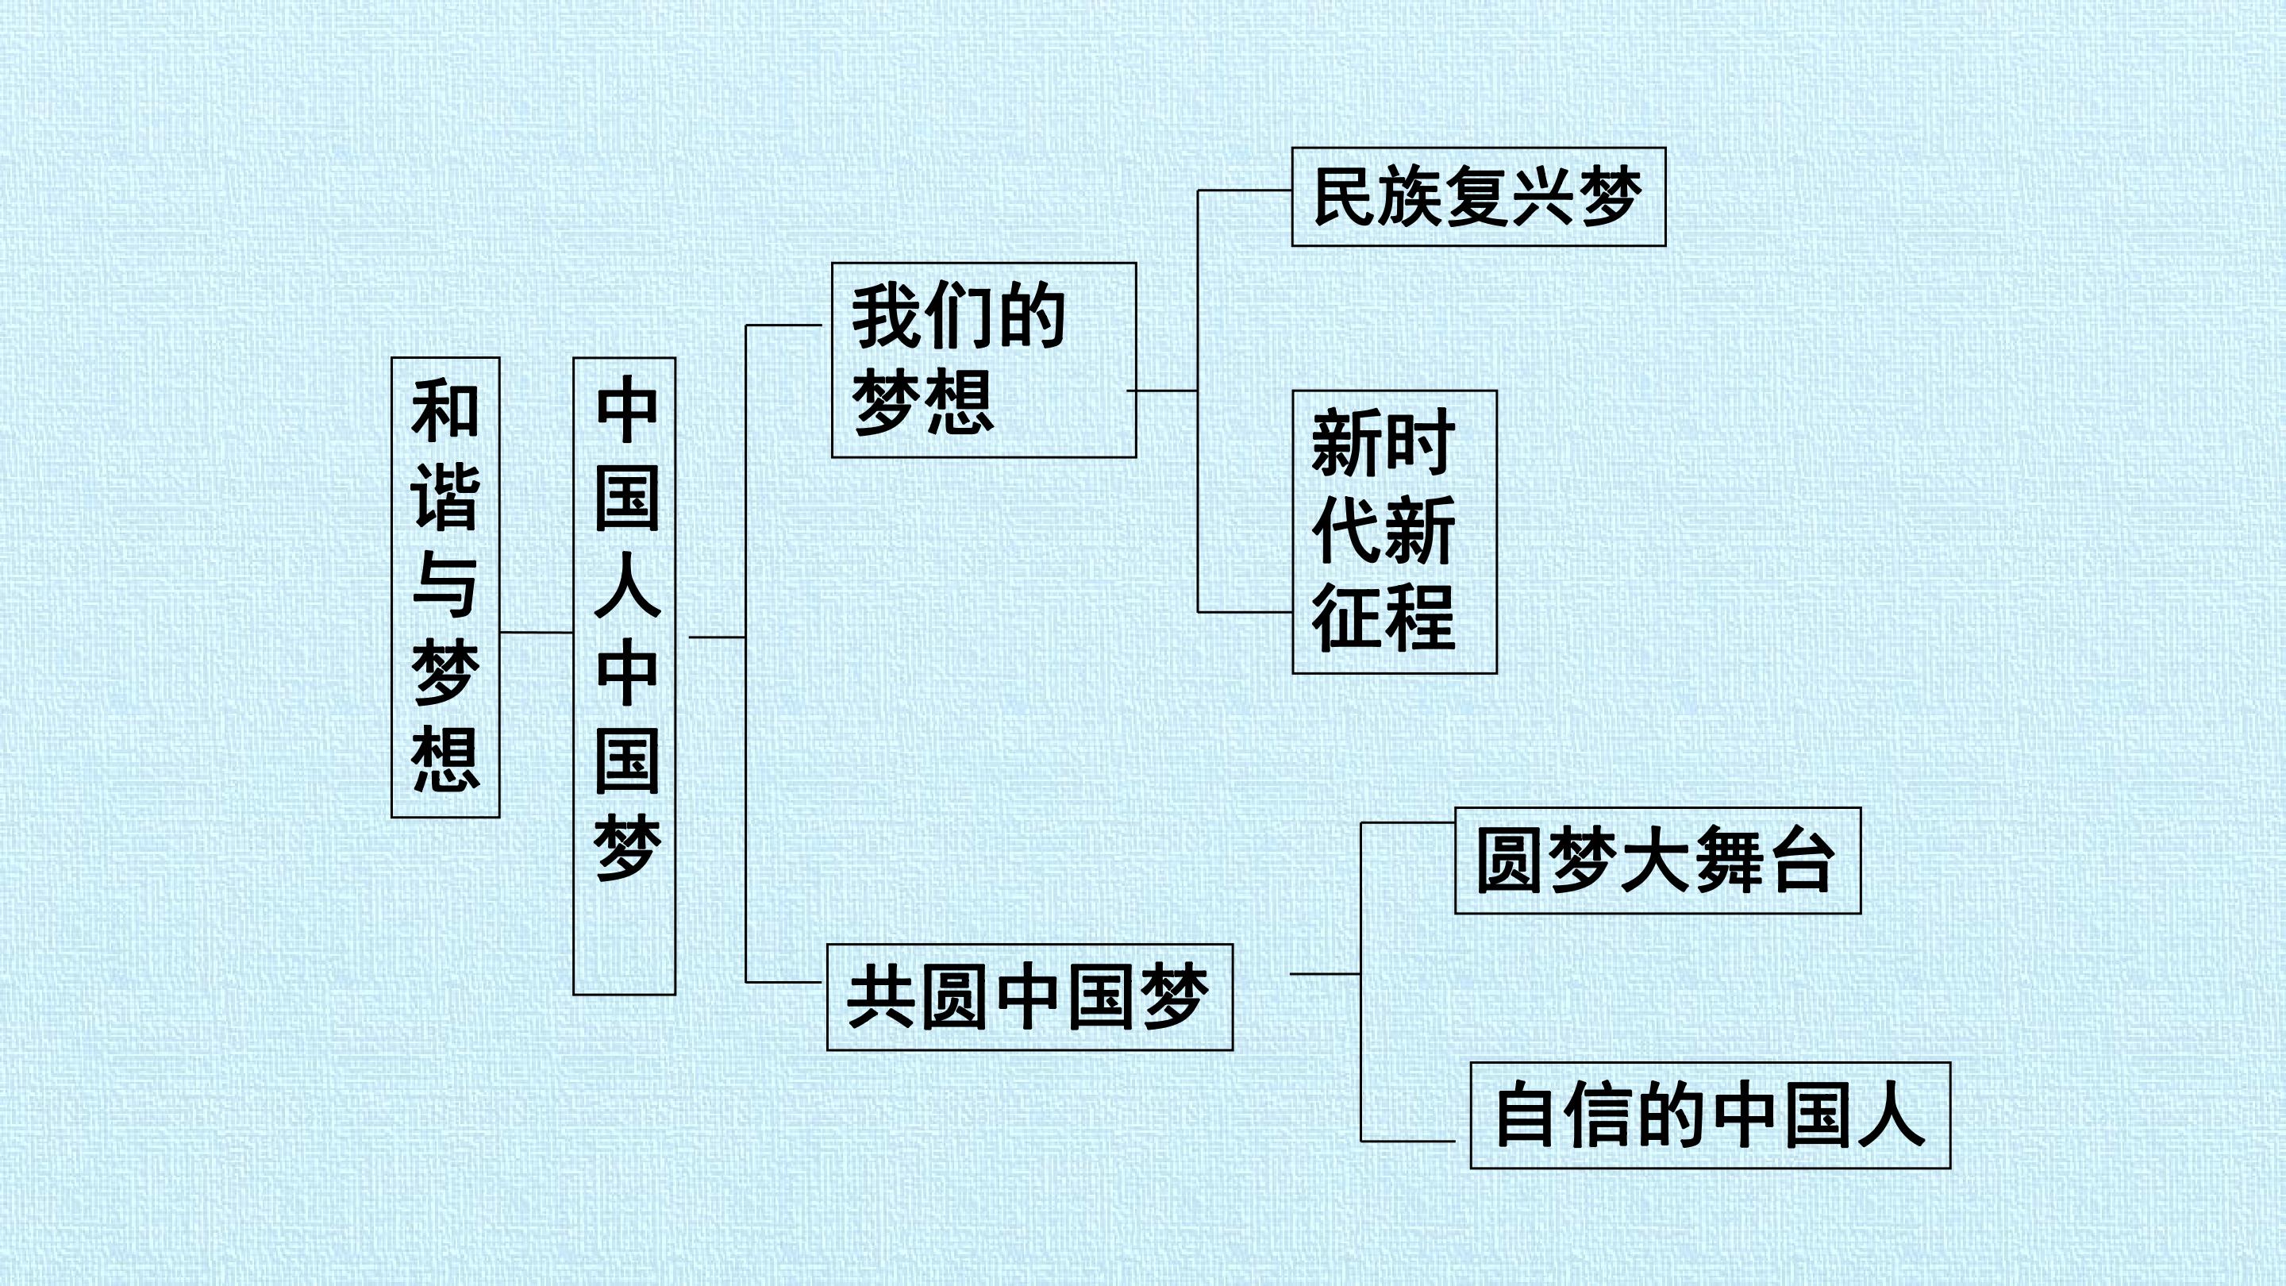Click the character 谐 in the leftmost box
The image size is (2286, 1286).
coord(445,497)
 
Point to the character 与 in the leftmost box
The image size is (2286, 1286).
coord(445,585)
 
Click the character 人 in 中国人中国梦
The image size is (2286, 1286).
coord(627,585)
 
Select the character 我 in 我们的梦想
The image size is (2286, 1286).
coord(886,317)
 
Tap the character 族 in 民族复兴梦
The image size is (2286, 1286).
coord(1410,197)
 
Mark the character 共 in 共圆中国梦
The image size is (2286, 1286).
coord(882,998)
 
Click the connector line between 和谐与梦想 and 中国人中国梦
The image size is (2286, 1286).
coord(537,633)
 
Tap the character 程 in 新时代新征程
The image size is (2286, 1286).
coord(1420,618)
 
